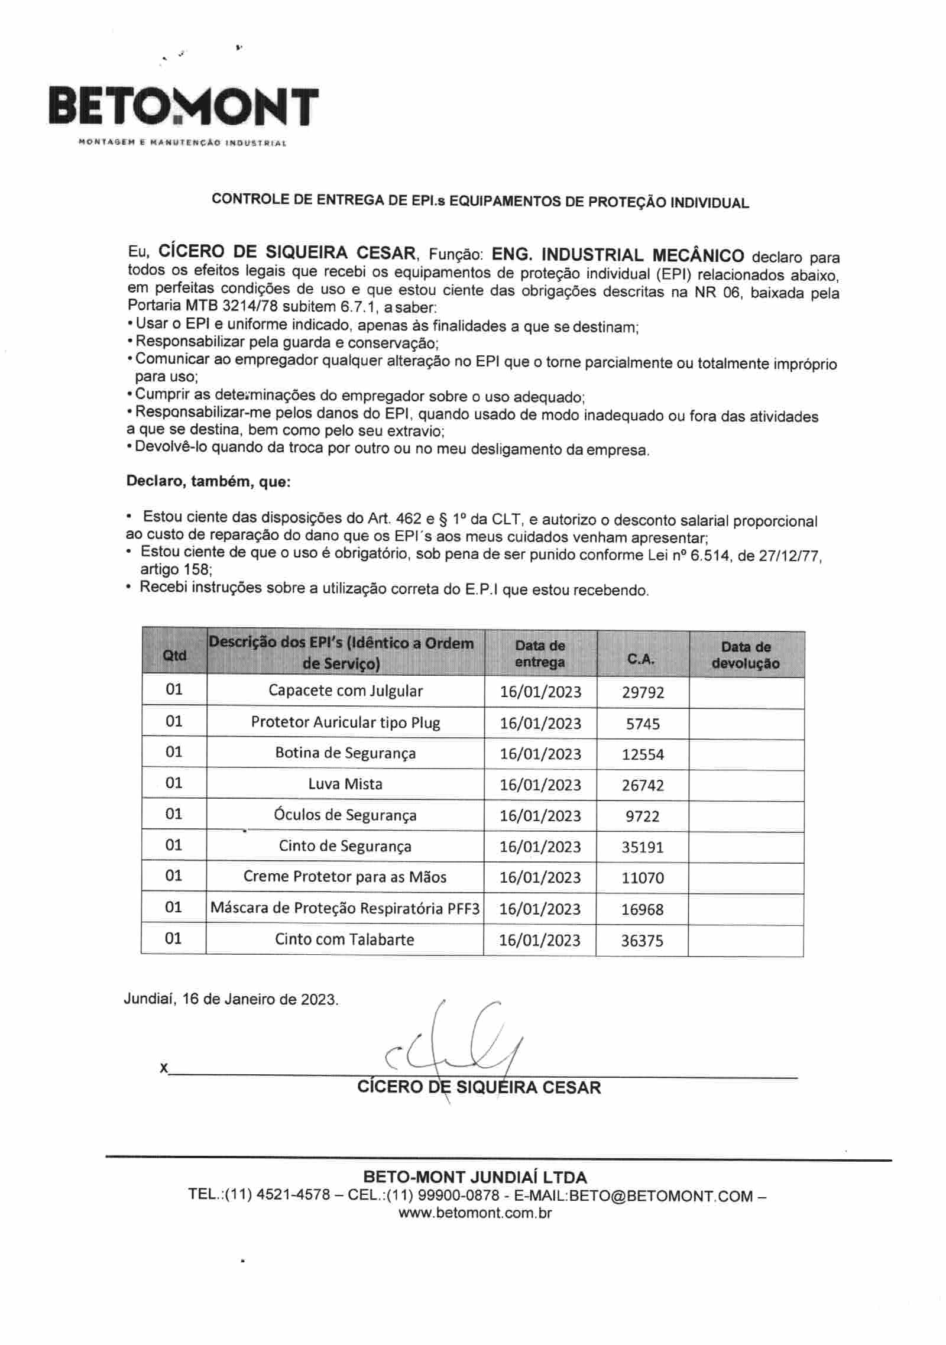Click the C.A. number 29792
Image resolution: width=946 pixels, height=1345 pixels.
(x=643, y=692)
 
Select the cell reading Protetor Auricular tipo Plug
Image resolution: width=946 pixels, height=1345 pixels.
(x=345, y=722)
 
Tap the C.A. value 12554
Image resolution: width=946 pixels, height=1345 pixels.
(x=643, y=754)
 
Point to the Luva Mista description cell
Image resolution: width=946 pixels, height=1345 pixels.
(x=345, y=785)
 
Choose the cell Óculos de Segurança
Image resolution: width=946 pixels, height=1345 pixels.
(x=345, y=815)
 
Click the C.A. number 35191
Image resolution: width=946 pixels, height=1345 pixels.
(x=643, y=847)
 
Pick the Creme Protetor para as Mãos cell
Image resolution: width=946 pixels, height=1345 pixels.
(x=345, y=877)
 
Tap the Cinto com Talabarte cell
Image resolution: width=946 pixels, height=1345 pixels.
(x=345, y=939)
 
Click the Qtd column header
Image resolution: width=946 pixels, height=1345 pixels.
(x=174, y=655)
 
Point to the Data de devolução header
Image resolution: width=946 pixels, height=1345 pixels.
(x=746, y=655)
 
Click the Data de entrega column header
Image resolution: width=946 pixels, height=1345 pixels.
(x=540, y=654)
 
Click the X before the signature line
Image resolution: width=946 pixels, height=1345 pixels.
(x=164, y=1068)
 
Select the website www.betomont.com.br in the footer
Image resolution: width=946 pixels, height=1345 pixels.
(x=475, y=1213)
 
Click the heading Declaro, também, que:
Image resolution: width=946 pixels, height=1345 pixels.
(x=208, y=482)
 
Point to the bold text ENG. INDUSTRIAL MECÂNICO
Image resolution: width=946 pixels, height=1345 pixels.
(x=618, y=255)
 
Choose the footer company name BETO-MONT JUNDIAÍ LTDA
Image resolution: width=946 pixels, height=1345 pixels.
(x=475, y=1176)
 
